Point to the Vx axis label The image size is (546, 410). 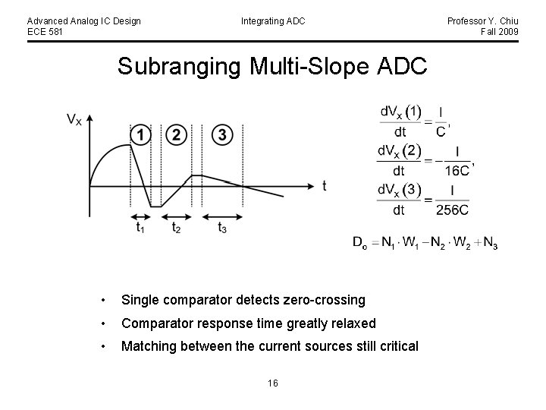(x=74, y=119)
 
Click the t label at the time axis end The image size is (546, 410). (x=325, y=186)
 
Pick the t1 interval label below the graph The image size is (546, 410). (x=140, y=227)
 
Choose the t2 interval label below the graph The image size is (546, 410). (x=176, y=227)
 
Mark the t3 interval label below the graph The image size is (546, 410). (x=222, y=227)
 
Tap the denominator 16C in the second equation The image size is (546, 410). (x=457, y=170)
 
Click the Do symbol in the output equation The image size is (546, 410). (x=360, y=244)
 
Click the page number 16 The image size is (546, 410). (x=272, y=383)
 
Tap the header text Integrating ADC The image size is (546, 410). (x=273, y=21)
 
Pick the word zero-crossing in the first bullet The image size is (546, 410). (x=322, y=301)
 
